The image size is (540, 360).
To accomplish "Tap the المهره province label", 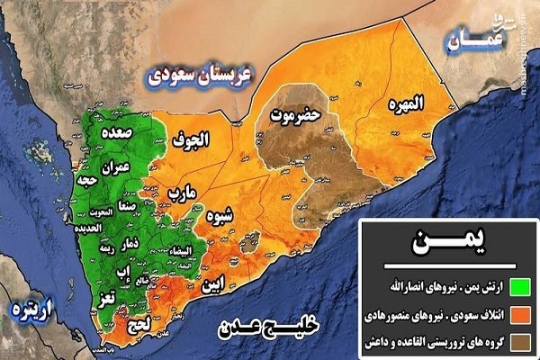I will click(x=405, y=104).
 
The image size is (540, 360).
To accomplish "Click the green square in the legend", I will click(x=518, y=288).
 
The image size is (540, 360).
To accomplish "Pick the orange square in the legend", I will click(x=518, y=315).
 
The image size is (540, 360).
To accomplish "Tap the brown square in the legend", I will click(x=518, y=342).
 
